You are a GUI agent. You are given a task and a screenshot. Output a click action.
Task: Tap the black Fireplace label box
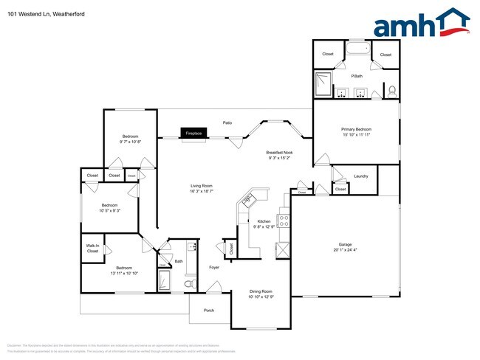click(x=193, y=134)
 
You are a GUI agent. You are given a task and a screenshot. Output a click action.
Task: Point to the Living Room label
click(x=202, y=185)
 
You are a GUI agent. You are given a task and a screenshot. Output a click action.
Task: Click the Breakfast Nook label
click(x=279, y=152)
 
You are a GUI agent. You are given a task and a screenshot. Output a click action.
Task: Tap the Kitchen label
click(x=264, y=221)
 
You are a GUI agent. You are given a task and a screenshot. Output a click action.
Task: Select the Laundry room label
click(x=360, y=176)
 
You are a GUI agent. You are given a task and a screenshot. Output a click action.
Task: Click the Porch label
click(x=209, y=311)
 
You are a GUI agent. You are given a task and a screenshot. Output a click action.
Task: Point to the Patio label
click(x=227, y=122)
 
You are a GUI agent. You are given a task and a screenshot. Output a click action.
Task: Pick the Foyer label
click(x=214, y=267)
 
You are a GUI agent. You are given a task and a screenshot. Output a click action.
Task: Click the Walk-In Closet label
click(x=92, y=249)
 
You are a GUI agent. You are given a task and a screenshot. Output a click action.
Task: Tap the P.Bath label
click(x=357, y=76)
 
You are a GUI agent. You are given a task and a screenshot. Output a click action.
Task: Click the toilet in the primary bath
click(x=392, y=91)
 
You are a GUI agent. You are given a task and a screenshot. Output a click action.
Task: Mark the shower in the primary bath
click(x=325, y=85)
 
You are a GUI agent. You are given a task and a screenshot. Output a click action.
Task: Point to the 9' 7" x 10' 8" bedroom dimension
click(x=131, y=142)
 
